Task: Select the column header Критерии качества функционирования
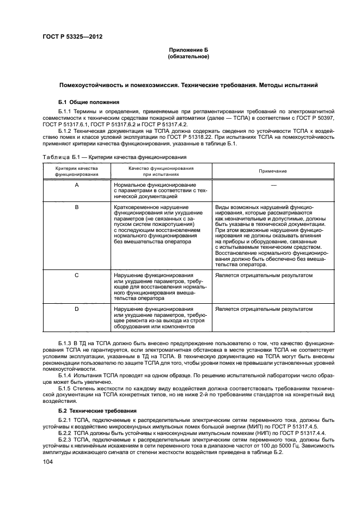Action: click(x=76, y=171)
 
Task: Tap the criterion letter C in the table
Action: click(x=76, y=276)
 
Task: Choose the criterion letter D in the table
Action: click(x=76, y=309)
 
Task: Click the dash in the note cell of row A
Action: click(x=273, y=186)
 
